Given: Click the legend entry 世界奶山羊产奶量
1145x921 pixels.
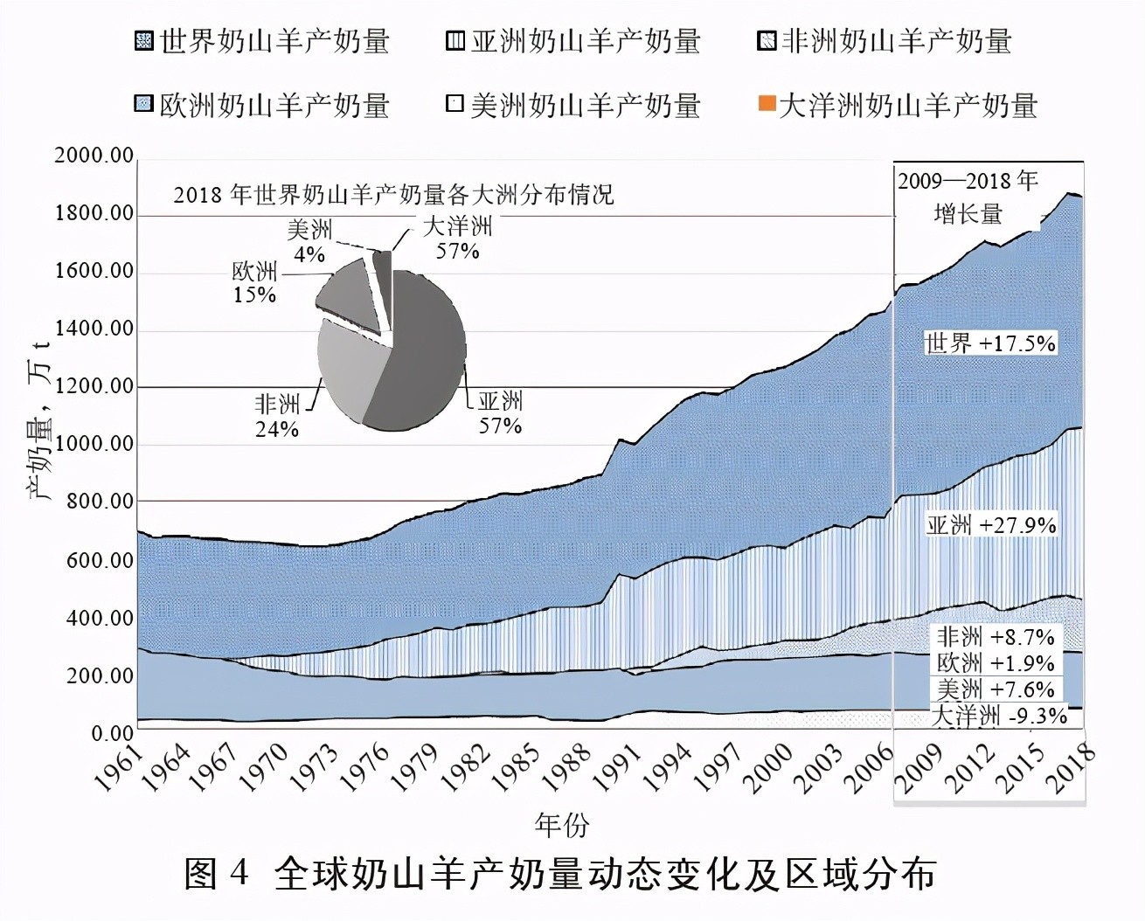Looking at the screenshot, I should point(262,41).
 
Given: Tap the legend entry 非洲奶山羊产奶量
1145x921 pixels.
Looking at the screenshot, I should point(885,41).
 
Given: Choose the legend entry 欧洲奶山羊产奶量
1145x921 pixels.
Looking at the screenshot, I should point(262,106).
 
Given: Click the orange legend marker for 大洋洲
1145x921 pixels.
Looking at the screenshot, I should point(766,106).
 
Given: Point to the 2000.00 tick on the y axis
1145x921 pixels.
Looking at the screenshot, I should point(94,156).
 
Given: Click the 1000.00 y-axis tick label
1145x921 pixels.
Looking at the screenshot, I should point(94,444).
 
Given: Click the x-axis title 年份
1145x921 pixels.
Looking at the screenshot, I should point(562,823).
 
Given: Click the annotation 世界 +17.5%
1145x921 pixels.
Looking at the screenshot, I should point(989,343).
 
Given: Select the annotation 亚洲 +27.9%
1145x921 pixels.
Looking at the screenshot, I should point(990,525).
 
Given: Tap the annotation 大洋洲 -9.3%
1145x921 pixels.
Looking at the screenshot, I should point(998,716).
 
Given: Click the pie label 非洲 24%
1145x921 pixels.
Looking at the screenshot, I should point(277,416).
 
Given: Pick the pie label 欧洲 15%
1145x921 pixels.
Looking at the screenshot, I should point(254,282).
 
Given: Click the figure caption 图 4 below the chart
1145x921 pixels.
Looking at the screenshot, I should point(559,874).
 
